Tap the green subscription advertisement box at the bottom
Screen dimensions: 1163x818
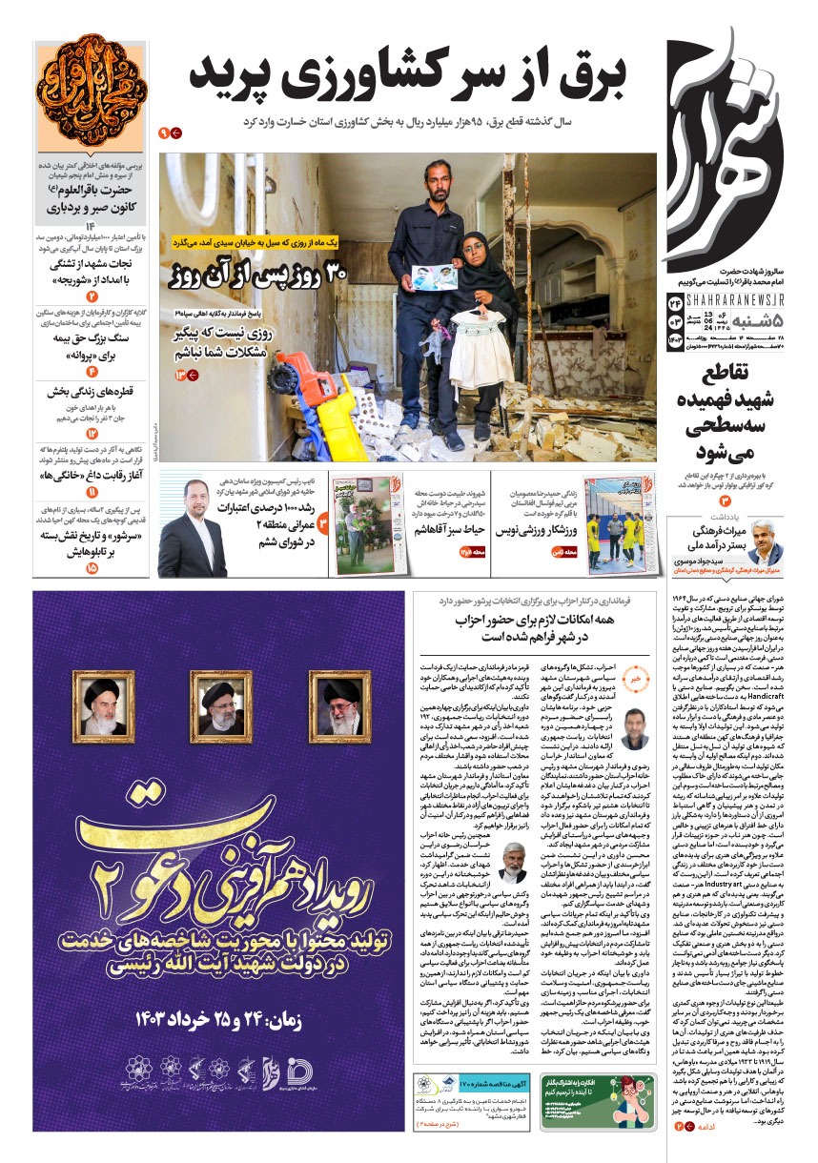pos(598,1100)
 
